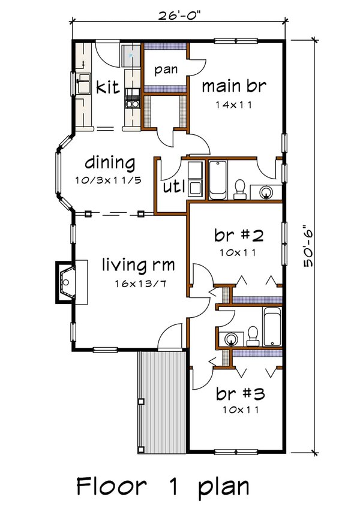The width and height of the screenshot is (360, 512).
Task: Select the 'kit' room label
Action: [x=107, y=88]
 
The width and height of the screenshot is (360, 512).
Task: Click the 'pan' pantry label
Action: [x=166, y=70]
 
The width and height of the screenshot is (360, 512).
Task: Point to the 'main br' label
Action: [x=233, y=86]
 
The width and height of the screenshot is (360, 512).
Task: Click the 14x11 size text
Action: [x=234, y=105]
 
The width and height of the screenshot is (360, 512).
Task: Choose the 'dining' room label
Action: [x=109, y=162]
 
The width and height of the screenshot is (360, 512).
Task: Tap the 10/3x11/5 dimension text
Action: [x=109, y=180]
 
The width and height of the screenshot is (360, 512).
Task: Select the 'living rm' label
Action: [x=133, y=264]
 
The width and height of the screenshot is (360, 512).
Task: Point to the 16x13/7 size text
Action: [x=133, y=282]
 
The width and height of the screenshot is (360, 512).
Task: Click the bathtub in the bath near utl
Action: [x=217, y=179]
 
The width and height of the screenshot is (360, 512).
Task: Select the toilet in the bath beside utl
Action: [x=240, y=188]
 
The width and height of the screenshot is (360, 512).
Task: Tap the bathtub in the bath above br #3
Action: [x=272, y=327]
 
